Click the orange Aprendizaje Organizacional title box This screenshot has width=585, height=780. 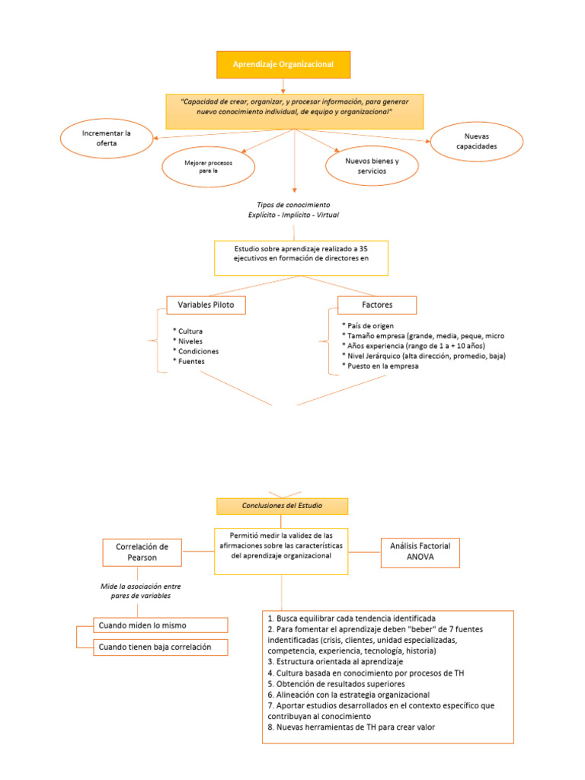coord(284,65)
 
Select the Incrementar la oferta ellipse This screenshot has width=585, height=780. coord(107,138)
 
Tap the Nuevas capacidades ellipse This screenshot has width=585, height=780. coord(476,140)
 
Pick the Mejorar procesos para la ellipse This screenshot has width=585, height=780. coord(201,167)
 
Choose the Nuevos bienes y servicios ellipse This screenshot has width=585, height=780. coord(372,166)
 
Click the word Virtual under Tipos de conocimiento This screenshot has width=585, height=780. coord(324,216)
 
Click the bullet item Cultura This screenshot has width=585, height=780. coord(190,331)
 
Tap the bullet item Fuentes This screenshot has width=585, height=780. coord(191,361)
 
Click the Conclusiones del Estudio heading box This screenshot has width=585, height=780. coord(283,506)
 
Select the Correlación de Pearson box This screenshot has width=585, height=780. coord(142,552)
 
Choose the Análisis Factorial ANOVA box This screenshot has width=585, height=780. coord(420,551)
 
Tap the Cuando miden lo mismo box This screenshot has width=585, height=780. coord(161,625)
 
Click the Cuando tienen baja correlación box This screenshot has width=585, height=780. coord(161,647)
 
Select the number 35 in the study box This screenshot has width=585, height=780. coord(363,249)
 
